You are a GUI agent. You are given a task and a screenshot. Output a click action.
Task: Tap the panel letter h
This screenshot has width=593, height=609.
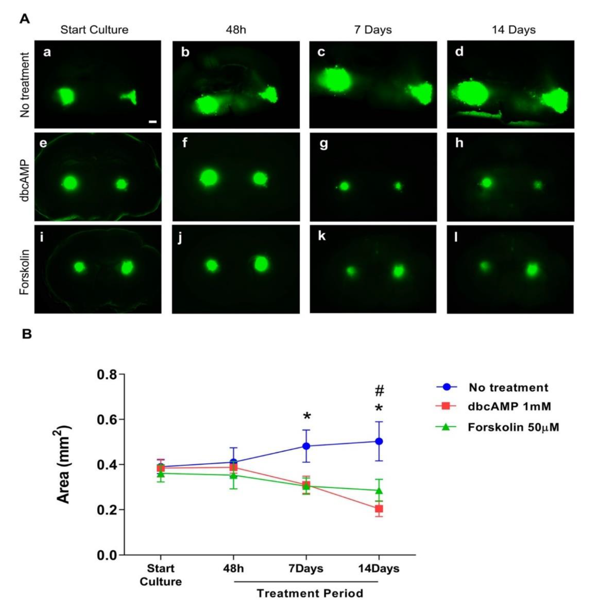coord(459,143)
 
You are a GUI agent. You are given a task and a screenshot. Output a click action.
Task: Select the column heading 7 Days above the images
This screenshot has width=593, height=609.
coord(373,30)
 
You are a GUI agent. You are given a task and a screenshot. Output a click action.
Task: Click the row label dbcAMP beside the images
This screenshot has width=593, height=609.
coord(25,177)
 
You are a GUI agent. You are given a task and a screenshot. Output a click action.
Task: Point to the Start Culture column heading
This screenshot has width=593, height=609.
coord(94,30)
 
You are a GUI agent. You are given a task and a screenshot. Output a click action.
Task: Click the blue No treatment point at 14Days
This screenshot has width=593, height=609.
coord(379,441)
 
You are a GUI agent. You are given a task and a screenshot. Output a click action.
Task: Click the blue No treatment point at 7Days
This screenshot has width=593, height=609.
coord(306,446)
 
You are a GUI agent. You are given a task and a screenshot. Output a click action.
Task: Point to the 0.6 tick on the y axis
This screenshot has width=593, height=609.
coord(107,419)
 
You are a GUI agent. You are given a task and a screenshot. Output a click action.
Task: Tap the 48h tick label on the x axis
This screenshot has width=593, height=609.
coord(233,568)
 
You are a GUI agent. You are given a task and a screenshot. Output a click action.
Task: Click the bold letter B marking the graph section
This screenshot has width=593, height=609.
coord(27,335)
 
